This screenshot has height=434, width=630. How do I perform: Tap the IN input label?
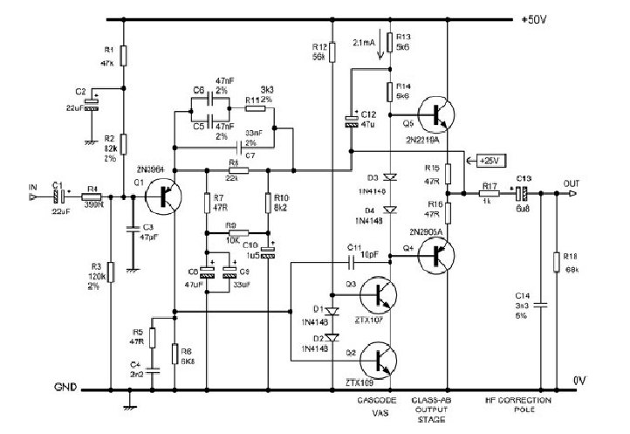click(33, 186)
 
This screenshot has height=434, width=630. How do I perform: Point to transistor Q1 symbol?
click(162, 195)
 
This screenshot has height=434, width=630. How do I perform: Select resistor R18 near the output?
click(557, 261)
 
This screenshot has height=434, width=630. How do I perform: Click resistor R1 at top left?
click(124, 56)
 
